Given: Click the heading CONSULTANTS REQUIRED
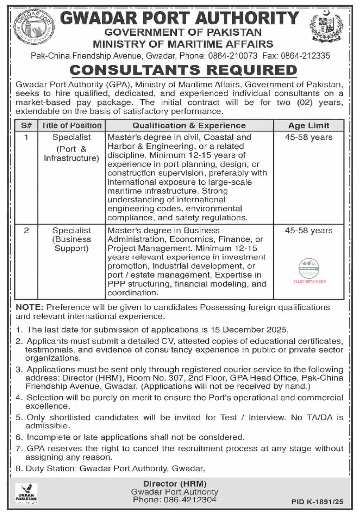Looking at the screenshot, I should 183,70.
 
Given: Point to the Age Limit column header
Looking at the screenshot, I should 308,125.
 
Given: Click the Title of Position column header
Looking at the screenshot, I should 71,125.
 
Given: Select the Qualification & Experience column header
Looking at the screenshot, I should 189,125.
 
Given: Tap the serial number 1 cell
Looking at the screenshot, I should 26,137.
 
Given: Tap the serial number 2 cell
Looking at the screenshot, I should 26,230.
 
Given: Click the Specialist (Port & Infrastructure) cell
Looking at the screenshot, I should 71,148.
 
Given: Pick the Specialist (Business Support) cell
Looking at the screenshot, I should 71,239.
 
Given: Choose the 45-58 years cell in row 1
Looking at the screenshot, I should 308,137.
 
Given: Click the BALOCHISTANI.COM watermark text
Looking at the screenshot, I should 310,281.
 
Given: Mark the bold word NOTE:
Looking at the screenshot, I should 29,307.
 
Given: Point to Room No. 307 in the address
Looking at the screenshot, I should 155,378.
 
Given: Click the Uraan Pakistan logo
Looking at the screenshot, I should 26,494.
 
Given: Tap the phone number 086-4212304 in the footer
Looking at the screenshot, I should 190,500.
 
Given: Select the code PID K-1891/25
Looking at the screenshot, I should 317,502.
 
